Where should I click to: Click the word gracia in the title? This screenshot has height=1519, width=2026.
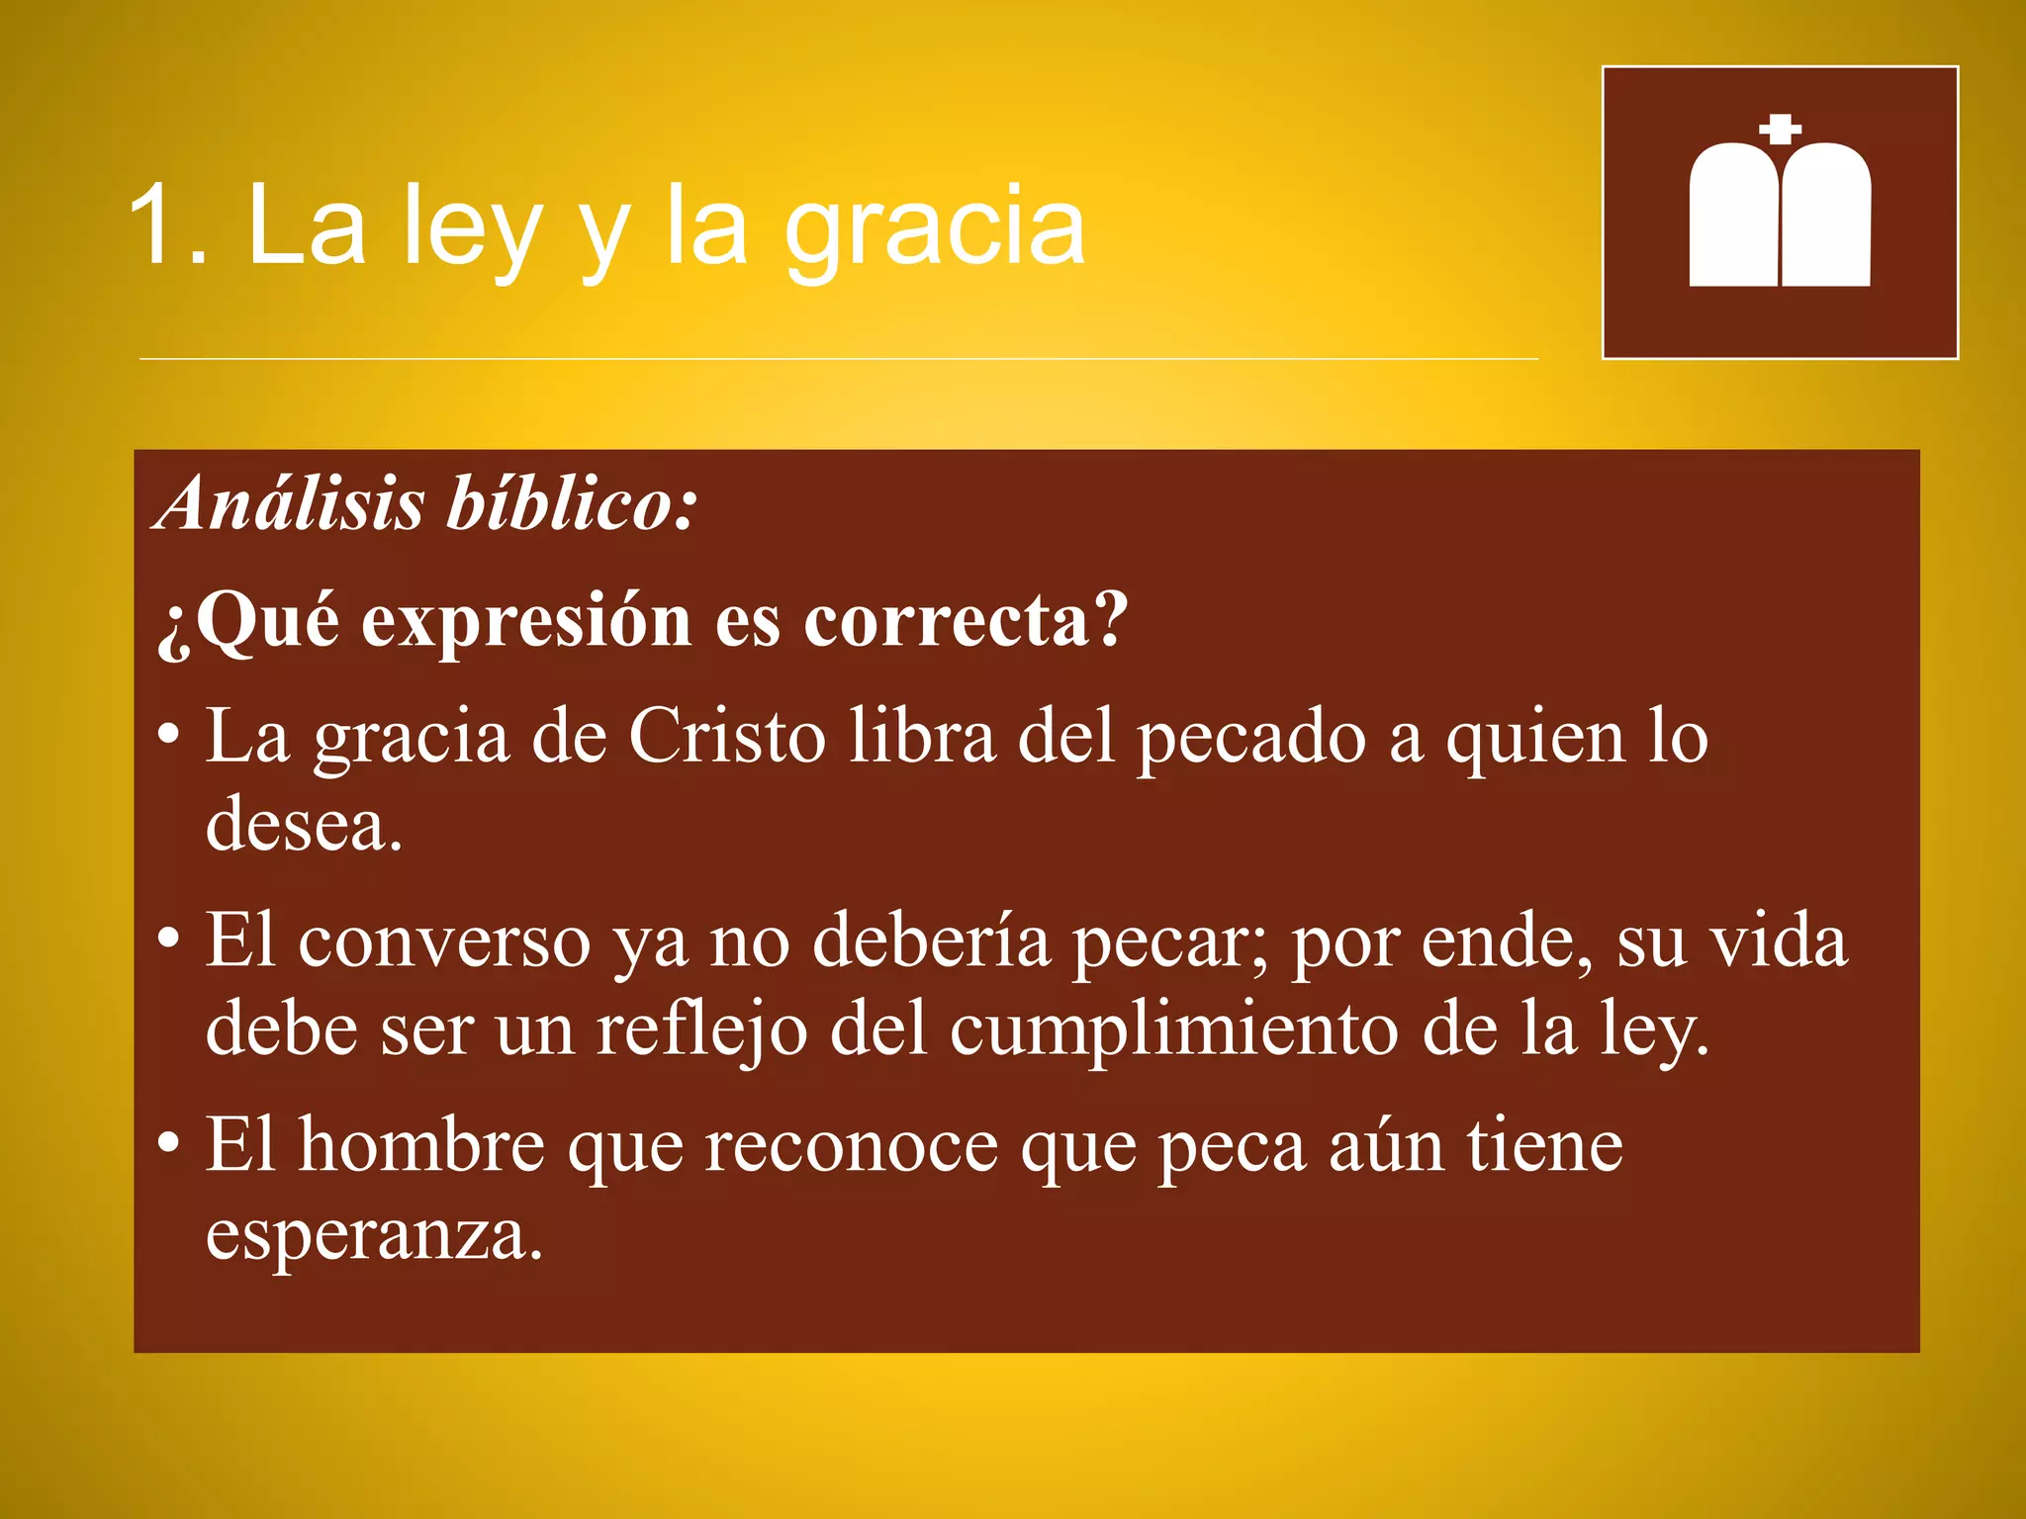[x=935, y=229]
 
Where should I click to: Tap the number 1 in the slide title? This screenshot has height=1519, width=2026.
[x=153, y=225]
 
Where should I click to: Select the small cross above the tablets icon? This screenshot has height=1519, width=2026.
[x=1781, y=129]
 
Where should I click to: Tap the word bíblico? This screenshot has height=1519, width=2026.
[x=571, y=503]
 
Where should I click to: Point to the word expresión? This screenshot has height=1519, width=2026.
[x=526, y=621]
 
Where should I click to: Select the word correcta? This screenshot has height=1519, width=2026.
[x=965, y=621]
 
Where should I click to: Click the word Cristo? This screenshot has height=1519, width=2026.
[x=726, y=737]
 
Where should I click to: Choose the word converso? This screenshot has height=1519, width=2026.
[x=444, y=940]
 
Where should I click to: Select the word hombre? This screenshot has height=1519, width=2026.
[x=421, y=1145]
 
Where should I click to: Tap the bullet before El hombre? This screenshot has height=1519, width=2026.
[x=169, y=1143]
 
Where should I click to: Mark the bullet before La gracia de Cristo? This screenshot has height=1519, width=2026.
[x=169, y=735]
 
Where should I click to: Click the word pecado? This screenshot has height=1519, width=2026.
[x=1250, y=737]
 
